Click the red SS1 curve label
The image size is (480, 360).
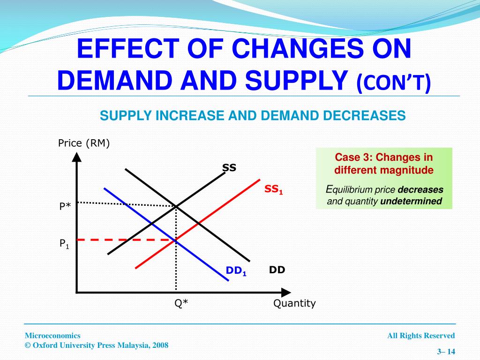click(274, 189)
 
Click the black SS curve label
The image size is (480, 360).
click(229, 168)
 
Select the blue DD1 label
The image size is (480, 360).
click(236, 271)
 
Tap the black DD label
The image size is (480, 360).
click(277, 270)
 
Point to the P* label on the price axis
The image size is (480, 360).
click(65, 206)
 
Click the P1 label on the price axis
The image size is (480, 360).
click(64, 243)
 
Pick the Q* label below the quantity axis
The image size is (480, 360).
click(181, 303)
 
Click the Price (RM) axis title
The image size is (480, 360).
click(84, 143)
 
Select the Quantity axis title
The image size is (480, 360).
click(294, 303)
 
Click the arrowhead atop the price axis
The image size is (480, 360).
click(76, 157)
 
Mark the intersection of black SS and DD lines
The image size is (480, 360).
click(176, 205)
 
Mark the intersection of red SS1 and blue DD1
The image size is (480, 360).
click(176, 240)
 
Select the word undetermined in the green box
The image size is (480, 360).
click(411, 201)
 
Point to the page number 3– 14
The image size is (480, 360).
click(446, 352)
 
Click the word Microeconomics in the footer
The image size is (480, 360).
click(52, 336)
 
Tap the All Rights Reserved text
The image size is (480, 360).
click(421, 336)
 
